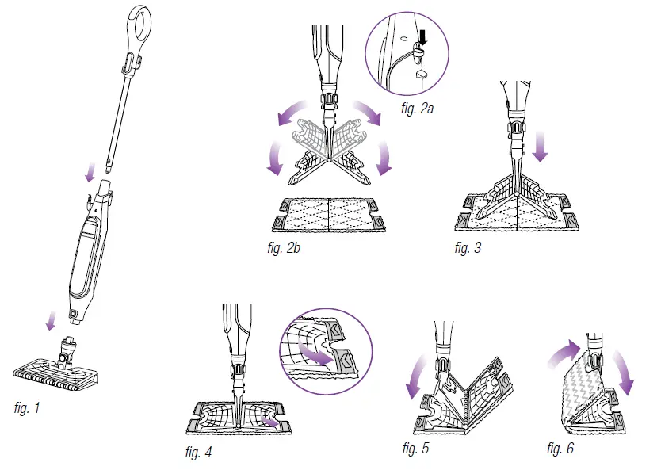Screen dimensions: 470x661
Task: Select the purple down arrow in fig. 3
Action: click(x=541, y=145)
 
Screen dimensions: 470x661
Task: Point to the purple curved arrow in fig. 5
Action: click(x=413, y=376)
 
